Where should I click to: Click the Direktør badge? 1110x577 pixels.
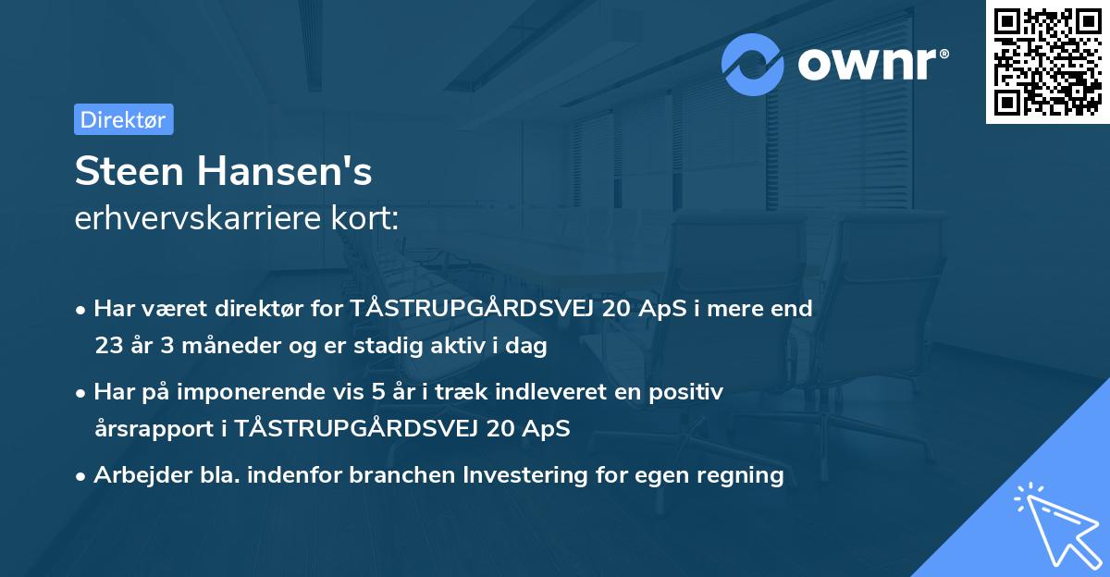(123, 119)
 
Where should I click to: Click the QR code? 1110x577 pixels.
(1047, 62)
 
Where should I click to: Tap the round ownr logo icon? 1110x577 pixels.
(753, 64)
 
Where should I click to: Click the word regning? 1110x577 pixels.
(744, 475)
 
